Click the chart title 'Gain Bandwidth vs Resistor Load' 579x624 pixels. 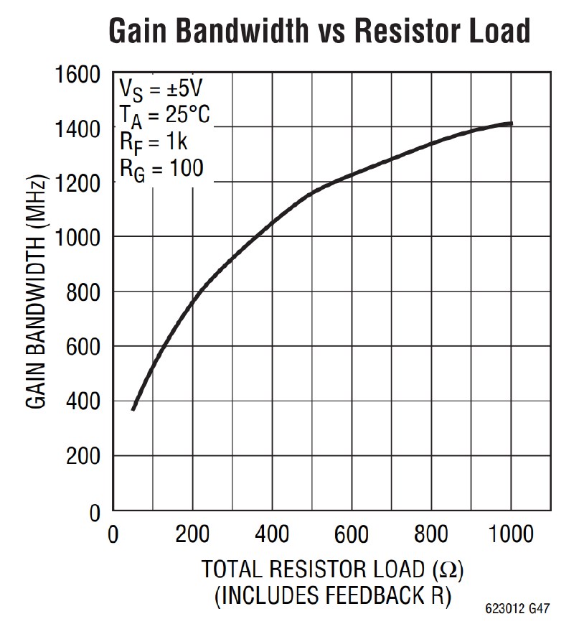319,31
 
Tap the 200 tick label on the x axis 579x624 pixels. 192,535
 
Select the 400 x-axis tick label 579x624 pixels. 271,535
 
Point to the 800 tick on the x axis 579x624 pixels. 430,535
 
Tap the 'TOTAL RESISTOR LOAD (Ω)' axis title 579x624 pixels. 332,570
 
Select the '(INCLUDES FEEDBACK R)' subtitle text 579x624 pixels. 332,596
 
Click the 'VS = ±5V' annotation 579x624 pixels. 161,90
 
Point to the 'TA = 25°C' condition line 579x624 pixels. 164,115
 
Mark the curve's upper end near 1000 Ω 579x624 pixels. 510,124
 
